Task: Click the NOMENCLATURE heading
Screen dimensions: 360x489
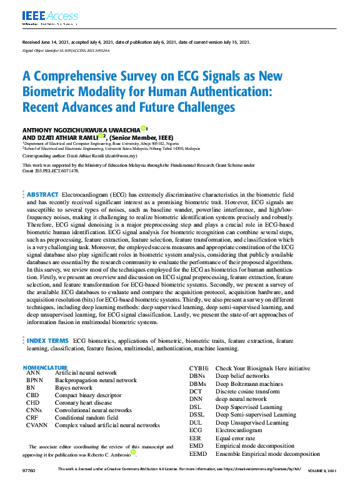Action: [x=45, y=367]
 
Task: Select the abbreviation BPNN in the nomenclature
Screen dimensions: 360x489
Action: [x=34, y=380]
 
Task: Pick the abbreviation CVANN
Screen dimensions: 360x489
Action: [x=37, y=425]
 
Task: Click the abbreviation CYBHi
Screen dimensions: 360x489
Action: [x=199, y=368]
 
